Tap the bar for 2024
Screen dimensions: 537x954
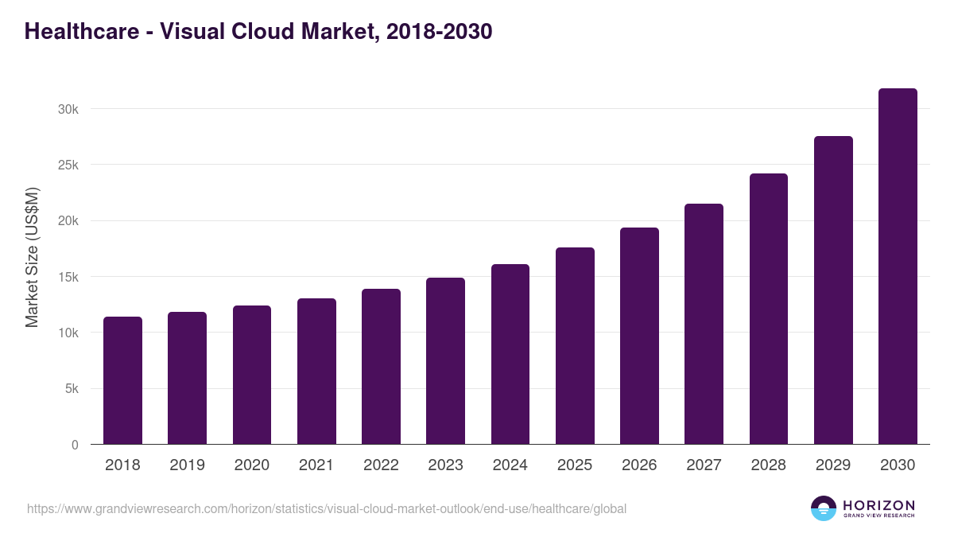click(510, 354)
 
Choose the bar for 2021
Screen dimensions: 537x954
click(316, 372)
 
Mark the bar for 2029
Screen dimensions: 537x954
click(833, 290)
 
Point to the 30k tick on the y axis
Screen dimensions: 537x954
click(68, 109)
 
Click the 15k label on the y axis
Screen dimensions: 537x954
click(68, 277)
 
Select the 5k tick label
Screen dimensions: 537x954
click(72, 389)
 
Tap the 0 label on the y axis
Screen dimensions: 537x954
click(75, 445)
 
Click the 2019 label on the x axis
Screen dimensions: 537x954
click(187, 465)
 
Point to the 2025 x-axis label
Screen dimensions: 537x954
click(575, 465)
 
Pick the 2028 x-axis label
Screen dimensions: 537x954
click(769, 465)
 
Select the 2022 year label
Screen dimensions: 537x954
click(381, 465)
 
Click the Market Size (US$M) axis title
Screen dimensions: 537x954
click(32, 257)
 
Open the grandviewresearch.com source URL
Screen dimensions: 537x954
click(327, 508)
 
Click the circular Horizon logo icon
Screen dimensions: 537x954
click(824, 508)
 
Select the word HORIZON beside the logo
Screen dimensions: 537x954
click(878, 505)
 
